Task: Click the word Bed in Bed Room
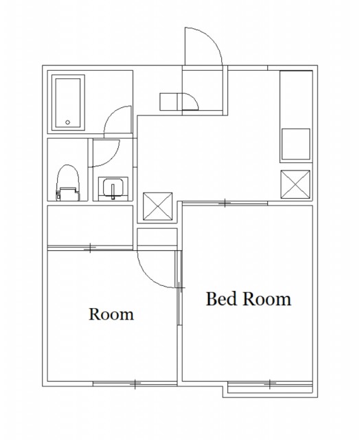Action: pos(221,299)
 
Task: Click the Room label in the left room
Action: pos(111,314)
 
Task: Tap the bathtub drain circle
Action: pos(67,122)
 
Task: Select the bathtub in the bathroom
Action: pos(68,103)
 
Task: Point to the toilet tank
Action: pos(67,194)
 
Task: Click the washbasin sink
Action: pos(113,188)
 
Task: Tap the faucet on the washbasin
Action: pos(113,192)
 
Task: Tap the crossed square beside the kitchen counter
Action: pos(295,184)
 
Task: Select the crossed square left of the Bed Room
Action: pos(157,206)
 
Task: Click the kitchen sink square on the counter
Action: pos(296,144)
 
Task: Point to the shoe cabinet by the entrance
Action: pos(169,102)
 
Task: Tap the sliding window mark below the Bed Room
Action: pos(270,384)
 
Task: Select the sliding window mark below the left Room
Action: pos(135,384)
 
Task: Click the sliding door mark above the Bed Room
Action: pos(225,203)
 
